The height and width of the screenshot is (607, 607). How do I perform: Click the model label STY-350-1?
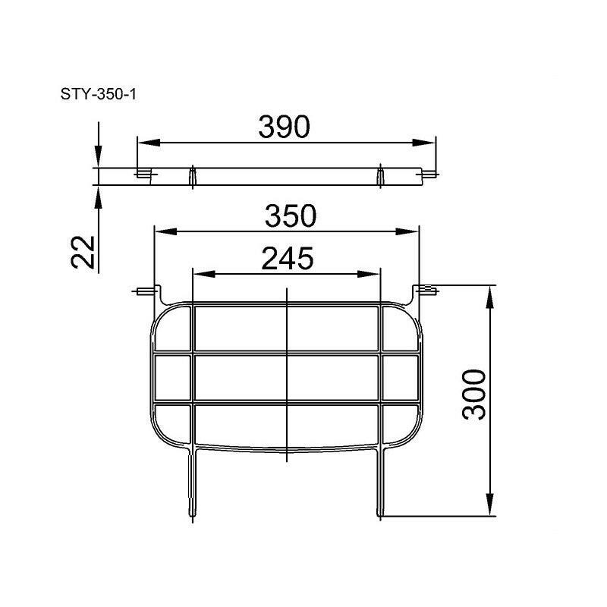(99, 94)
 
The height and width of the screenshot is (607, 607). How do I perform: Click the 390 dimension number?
(284, 127)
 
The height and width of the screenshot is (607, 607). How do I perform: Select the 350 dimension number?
(291, 215)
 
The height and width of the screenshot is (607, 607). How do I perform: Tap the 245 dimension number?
(288, 258)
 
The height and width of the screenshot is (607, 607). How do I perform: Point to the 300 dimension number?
(474, 395)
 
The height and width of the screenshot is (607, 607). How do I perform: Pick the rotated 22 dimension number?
(83, 252)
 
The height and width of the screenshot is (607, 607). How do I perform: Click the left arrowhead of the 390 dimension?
(149, 143)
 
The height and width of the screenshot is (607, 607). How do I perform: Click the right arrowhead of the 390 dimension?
(424, 143)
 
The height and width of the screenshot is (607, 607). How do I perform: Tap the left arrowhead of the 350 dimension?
(165, 231)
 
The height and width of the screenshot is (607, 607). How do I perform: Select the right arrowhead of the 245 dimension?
(369, 274)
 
